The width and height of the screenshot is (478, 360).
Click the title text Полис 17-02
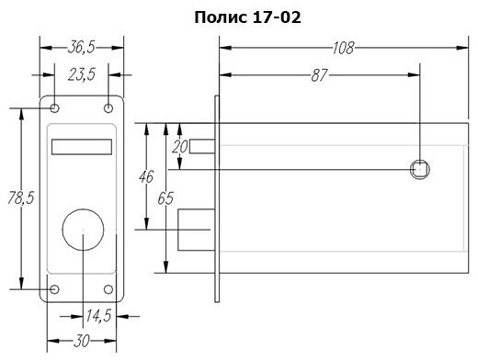[x=247, y=17]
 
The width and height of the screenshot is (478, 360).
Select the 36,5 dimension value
[x=81, y=48]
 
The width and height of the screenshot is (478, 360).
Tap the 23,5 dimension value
[x=82, y=74]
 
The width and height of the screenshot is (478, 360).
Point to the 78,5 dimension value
[x=21, y=197]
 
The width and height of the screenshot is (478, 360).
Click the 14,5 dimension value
[x=98, y=316]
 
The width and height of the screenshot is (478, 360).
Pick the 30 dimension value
[x=82, y=341]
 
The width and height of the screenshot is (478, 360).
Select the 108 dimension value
[x=343, y=48]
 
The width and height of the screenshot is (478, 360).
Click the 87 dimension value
[x=319, y=75]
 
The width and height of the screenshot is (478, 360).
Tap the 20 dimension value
[x=179, y=147]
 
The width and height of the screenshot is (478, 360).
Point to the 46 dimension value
[x=146, y=176]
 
